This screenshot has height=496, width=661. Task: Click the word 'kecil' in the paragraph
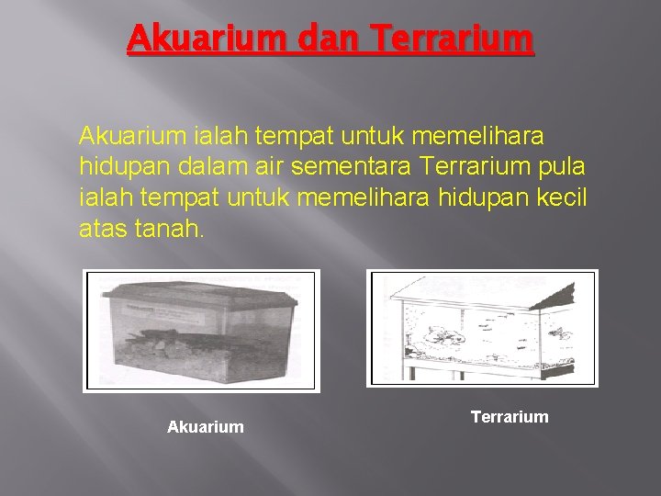564,197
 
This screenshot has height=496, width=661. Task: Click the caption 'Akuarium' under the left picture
206,426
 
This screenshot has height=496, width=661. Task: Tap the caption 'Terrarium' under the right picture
510,417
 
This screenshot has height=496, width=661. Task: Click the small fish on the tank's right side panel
557,331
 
